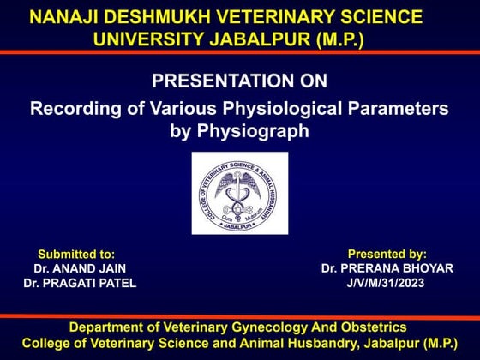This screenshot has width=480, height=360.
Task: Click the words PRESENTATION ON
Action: coord(239,81)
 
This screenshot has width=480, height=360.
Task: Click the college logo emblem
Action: coord(239,193)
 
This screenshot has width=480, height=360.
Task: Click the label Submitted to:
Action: coord(76,255)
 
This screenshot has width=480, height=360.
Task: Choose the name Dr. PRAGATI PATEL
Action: coord(80,283)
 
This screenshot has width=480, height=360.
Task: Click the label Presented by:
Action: coord(387,254)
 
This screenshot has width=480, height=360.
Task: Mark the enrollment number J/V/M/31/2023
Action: coord(387,283)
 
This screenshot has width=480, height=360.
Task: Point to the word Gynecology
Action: coord(275,327)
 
